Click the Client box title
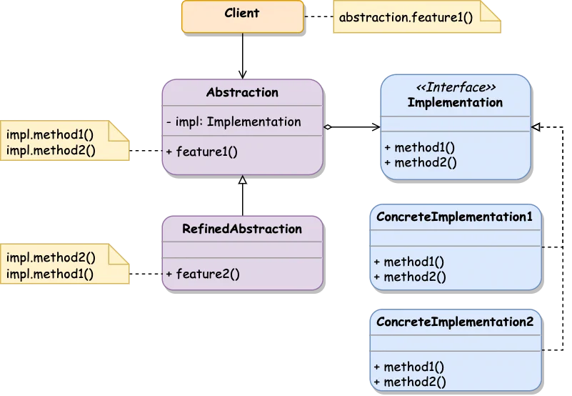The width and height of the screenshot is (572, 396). point(242,13)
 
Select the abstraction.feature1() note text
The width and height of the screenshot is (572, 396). point(406,16)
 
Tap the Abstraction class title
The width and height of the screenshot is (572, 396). point(242,92)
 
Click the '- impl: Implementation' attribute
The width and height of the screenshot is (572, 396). point(234,122)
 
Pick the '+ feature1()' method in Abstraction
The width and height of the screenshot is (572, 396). point(201,151)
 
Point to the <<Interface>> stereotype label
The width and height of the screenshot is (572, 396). point(456,87)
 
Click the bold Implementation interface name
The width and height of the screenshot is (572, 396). point(455,102)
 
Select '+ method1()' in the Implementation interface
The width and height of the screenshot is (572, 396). point(419,148)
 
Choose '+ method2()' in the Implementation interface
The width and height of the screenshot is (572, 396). point(419,162)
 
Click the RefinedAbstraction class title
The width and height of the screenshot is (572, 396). point(242,229)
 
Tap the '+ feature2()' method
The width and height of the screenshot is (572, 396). point(202,273)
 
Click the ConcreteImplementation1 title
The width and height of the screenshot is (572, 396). point(454,217)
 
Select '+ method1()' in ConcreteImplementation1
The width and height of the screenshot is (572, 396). point(409,262)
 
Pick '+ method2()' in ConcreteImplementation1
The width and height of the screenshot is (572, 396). point(409,277)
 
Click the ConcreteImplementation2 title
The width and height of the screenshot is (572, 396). point(454,322)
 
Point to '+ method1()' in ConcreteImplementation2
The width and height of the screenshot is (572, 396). point(409,367)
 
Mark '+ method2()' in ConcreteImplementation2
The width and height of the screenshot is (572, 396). point(409,382)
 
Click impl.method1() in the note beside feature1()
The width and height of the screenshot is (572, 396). point(50,134)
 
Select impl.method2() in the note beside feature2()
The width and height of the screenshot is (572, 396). point(50,257)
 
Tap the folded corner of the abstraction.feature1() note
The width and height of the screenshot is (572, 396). point(492,10)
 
